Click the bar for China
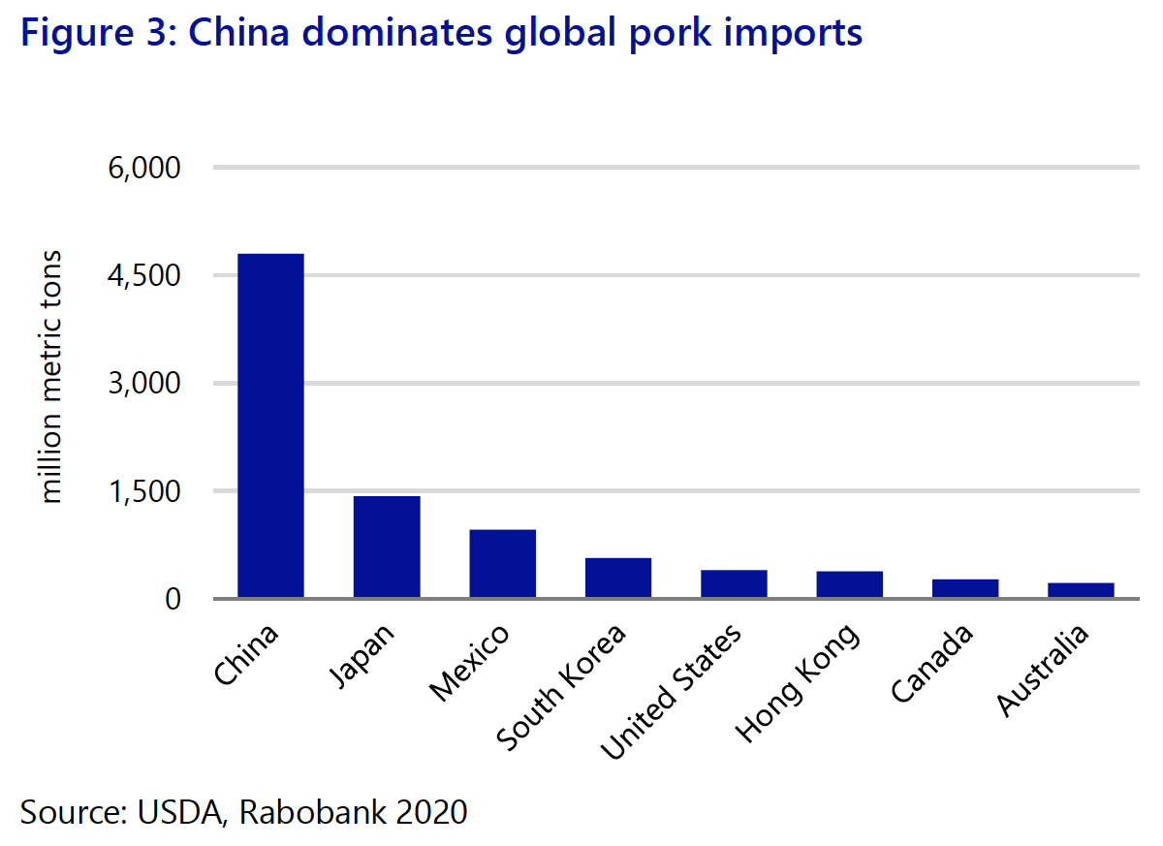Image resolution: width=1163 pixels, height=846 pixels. [x=270, y=425]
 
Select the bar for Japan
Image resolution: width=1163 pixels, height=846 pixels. [x=387, y=547]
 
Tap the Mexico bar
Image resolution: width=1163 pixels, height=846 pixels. [x=502, y=563]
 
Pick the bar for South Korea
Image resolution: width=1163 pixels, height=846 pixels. [x=618, y=578]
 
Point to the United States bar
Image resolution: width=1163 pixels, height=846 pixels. [x=734, y=583]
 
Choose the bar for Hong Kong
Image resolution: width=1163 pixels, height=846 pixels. [x=850, y=584]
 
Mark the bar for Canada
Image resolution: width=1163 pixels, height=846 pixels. [x=965, y=588]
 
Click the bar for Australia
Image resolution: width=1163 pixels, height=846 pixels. [x=1081, y=590]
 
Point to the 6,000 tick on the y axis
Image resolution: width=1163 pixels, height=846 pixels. [x=146, y=169]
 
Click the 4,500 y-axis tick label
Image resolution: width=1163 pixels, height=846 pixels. [x=146, y=276]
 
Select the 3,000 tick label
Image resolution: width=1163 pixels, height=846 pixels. [x=146, y=384]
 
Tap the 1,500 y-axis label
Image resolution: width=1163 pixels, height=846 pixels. [x=146, y=491]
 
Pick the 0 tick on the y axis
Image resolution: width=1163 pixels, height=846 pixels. [x=173, y=599]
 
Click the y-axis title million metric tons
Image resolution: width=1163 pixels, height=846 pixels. [x=52, y=377]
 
